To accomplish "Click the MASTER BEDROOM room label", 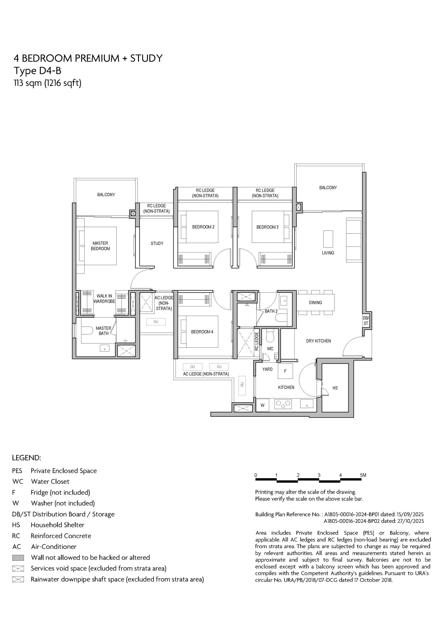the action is click(100, 246).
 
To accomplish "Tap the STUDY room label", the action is click(157, 243).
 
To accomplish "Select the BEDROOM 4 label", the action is click(202, 332).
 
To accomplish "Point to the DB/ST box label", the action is click(366, 321).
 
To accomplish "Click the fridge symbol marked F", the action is click(285, 371).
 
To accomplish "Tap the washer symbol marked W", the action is click(262, 405).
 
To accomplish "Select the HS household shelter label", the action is click(335, 388).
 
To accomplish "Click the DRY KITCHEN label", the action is click(319, 341).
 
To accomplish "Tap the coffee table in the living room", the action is click(328, 239).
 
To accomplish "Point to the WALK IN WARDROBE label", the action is click(104, 299).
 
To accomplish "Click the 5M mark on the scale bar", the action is click(363, 475).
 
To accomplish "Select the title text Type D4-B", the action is click(38, 71).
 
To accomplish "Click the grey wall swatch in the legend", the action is click(18, 558).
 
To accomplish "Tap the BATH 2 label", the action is click(271, 311).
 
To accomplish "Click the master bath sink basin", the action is click(105, 348).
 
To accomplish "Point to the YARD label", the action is click(267, 369).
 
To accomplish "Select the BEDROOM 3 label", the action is click(267, 227).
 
